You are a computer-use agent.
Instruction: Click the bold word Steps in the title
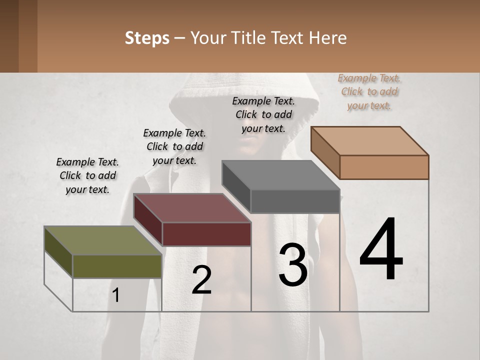147,38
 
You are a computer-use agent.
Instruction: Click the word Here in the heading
326,38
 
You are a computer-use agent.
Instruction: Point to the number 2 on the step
201,279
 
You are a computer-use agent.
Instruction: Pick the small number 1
116,295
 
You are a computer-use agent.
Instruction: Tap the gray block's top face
280,175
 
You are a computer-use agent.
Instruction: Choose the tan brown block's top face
369,141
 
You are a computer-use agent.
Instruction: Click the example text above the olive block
87,176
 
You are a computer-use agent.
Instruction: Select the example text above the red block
174,146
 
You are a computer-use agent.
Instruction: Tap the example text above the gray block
263,114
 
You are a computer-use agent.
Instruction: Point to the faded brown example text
369,91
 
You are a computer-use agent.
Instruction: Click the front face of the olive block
117,266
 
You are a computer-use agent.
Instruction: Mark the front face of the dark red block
206,234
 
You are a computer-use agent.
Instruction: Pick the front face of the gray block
295,201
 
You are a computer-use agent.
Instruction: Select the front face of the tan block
384,167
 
